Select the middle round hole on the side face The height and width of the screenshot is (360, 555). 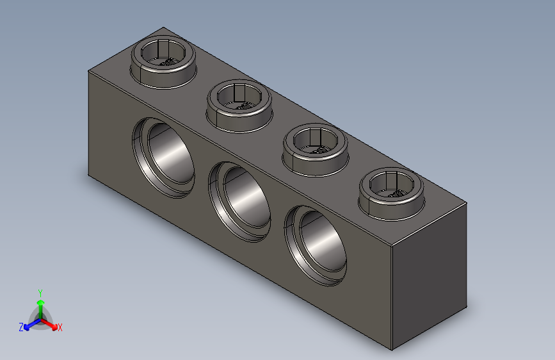click(x=240, y=199)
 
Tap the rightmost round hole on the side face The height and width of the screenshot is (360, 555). click(x=316, y=244)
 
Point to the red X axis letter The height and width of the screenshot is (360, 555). click(x=60, y=328)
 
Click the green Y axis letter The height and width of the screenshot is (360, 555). click(x=40, y=292)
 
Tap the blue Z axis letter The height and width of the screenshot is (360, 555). click(x=21, y=327)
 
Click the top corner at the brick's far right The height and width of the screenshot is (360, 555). click(x=467, y=203)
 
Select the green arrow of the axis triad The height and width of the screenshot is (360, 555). click(x=40, y=304)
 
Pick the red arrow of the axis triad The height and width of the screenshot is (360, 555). click(x=52, y=324)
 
